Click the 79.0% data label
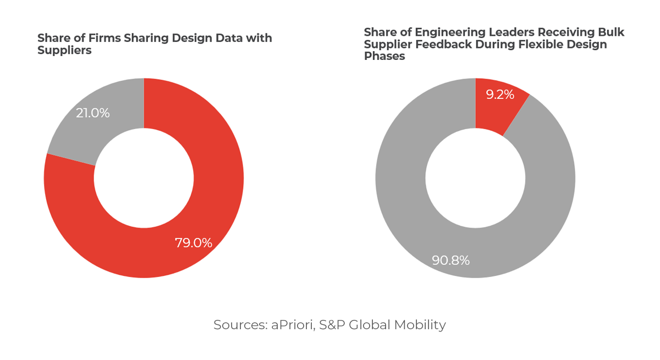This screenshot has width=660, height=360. point(194,243)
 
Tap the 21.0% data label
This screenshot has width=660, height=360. point(93,113)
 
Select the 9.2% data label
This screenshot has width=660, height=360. point(500,95)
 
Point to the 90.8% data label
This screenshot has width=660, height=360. point(450,261)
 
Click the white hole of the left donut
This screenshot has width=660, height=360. point(144,178)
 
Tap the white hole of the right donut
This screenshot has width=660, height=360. point(475,178)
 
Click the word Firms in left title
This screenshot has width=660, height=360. point(105,38)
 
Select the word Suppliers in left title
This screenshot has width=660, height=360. point(64,51)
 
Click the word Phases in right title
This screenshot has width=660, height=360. point(384,57)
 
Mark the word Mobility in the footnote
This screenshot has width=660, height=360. point(420,325)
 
